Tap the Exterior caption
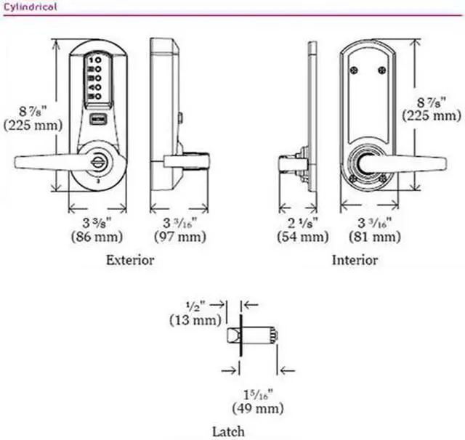pyautogui.click(x=130, y=260)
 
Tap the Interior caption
pyautogui.click(x=355, y=260)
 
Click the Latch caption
pyautogui.click(x=228, y=431)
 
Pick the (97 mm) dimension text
pyautogui.click(x=179, y=237)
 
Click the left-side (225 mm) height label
pyautogui.click(x=27, y=124)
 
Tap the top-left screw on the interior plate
pyautogui.click(x=353, y=70)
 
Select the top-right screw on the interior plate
pyautogui.click(x=381, y=70)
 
